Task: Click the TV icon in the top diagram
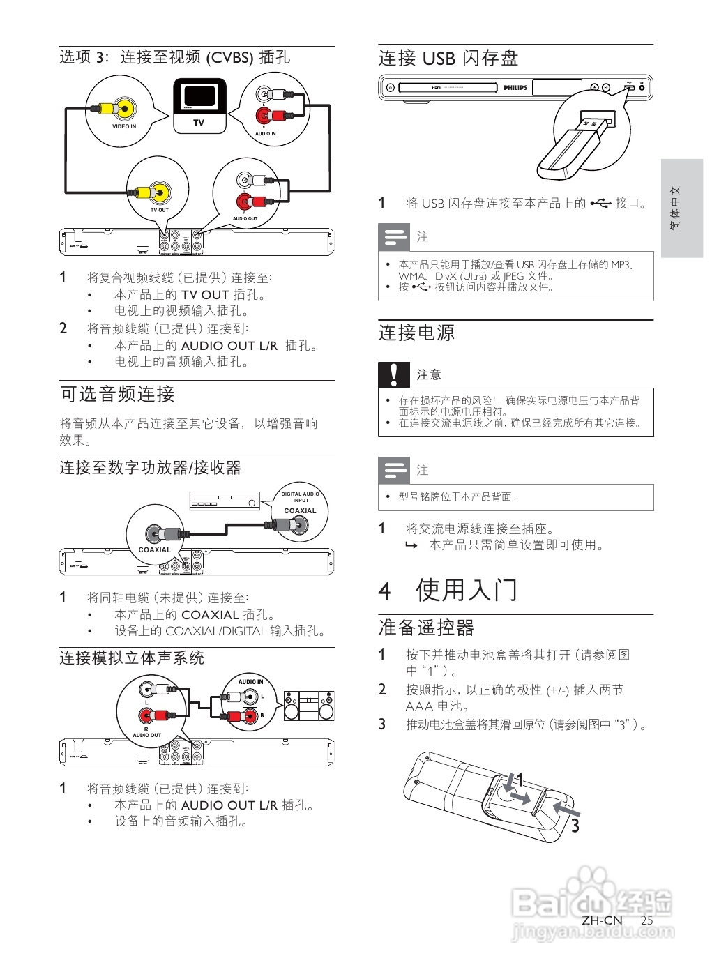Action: point(199,105)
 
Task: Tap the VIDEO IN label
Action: point(124,126)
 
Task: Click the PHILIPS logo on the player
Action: point(515,88)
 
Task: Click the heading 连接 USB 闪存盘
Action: point(448,59)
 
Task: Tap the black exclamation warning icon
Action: point(394,374)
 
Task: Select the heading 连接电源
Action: point(416,333)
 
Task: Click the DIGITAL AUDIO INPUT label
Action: point(300,497)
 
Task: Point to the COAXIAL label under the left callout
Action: point(155,549)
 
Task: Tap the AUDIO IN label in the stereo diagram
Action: point(250,681)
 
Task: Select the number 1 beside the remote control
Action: point(520,780)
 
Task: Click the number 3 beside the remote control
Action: point(575,826)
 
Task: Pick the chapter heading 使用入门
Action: point(467,590)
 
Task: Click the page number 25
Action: point(646,920)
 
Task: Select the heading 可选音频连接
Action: point(117,395)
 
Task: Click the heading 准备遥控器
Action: point(426,628)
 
